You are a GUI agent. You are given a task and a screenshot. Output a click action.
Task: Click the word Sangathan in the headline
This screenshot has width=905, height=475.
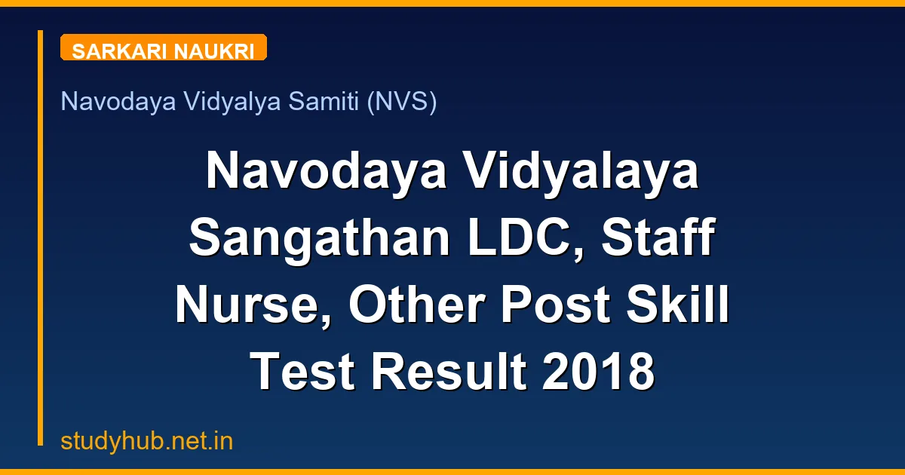tap(311, 238)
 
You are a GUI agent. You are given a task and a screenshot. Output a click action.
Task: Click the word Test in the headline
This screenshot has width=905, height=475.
tap(296, 372)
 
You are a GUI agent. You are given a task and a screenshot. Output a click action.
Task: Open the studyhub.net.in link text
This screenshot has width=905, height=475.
tap(147, 442)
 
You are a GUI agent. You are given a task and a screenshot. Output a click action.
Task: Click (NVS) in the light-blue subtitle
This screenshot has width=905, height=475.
tap(401, 102)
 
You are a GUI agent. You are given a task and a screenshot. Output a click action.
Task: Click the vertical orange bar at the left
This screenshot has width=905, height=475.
tap(40, 237)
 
